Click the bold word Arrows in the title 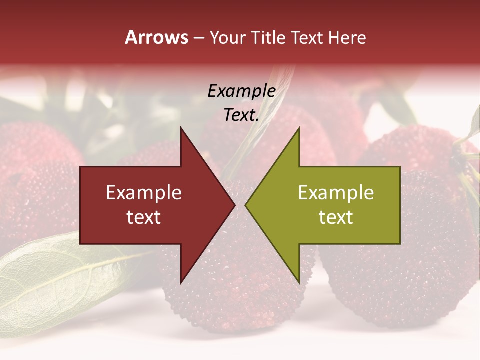(x=156, y=38)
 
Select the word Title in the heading (x=267, y=38)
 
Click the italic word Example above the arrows (x=241, y=91)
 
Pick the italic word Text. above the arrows (x=241, y=115)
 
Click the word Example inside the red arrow (x=143, y=193)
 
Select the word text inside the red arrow (x=143, y=217)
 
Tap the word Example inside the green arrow (x=336, y=193)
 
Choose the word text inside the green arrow (x=336, y=217)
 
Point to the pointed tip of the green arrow (x=246, y=205)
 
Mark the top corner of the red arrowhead (x=181, y=129)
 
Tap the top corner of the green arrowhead (x=299, y=129)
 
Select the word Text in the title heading (x=307, y=38)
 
